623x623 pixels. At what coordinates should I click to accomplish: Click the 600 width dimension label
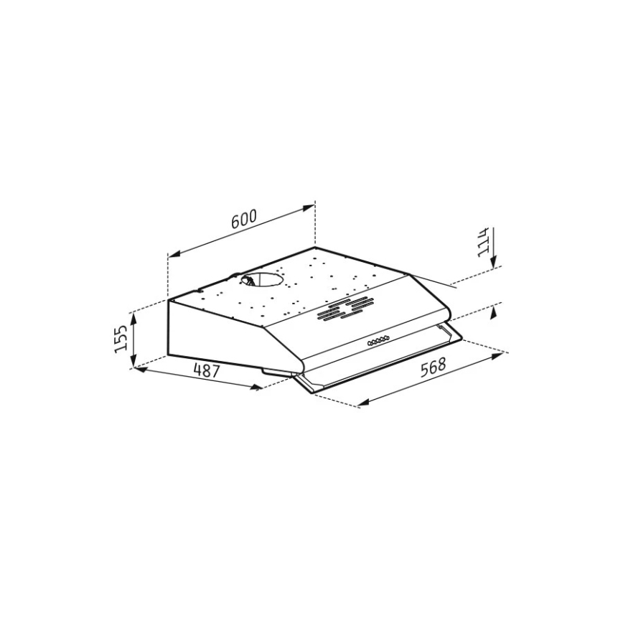tap(243, 220)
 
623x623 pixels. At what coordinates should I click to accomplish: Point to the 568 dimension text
tap(433, 367)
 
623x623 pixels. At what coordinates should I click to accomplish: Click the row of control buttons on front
tap(378, 343)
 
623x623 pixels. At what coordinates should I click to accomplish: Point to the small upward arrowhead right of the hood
tap(493, 313)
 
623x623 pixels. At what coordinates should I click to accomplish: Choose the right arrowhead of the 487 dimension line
tap(257, 388)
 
